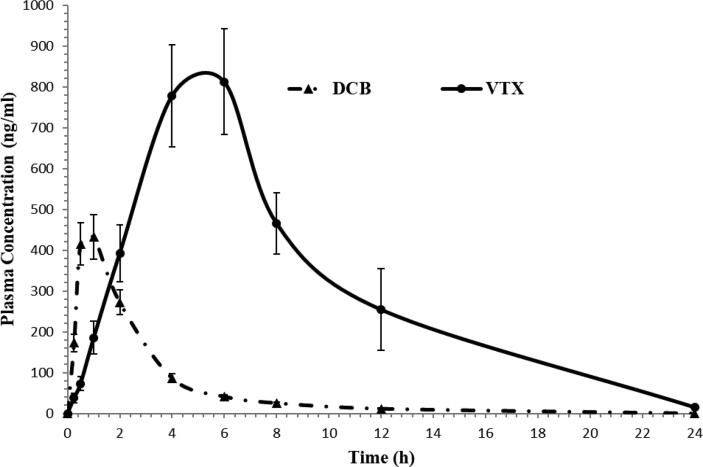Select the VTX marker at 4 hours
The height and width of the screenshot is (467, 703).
pyautogui.click(x=172, y=96)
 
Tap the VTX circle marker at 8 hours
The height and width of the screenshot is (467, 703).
pyautogui.click(x=276, y=224)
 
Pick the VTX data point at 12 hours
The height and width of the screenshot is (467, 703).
pyautogui.click(x=381, y=310)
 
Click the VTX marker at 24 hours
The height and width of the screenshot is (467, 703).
pyautogui.click(x=694, y=407)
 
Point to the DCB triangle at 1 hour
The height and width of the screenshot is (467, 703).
pyautogui.click(x=94, y=237)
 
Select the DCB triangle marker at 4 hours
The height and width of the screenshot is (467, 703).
pyautogui.click(x=172, y=377)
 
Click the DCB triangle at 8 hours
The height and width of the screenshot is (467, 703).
pyautogui.click(x=276, y=402)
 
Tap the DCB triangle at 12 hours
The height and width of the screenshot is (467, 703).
pyautogui.click(x=381, y=408)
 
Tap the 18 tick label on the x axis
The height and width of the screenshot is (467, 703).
pyautogui.click(x=537, y=432)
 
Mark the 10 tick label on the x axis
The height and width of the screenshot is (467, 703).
pyautogui.click(x=329, y=432)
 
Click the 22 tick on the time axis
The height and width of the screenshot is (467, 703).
pyautogui.click(x=642, y=432)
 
